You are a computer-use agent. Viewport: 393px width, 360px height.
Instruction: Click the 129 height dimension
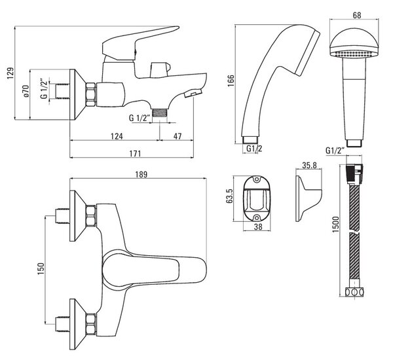pyautogui.click(x=10, y=73)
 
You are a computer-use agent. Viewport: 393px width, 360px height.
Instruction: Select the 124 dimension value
pyautogui.click(x=117, y=136)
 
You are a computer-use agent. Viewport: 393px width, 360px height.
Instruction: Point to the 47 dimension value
pyautogui.click(x=178, y=136)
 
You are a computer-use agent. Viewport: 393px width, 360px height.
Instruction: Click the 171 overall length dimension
pyautogui.click(x=135, y=153)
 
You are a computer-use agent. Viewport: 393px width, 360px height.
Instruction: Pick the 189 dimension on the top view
pyautogui.click(x=141, y=174)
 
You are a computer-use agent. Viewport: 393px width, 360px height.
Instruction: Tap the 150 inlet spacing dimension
pyautogui.click(x=41, y=268)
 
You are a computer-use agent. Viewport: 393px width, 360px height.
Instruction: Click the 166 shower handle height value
pyautogui.click(x=231, y=81)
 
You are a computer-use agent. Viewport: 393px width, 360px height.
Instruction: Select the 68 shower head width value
pyautogui.click(x=357, y=15)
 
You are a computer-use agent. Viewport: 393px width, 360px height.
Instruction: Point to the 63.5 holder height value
pyautogui.click(x=231, y=196)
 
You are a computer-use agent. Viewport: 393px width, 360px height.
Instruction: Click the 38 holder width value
pyautogui.click(x=258, y=226)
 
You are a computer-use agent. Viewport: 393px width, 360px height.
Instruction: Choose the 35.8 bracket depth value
pyautogui.click(x=309, y=165)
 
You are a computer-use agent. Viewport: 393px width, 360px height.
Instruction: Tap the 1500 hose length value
pyautogui.click(x=335, y=224)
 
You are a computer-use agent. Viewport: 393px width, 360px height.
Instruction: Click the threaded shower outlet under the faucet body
pyautogui.click(x=160, y=113)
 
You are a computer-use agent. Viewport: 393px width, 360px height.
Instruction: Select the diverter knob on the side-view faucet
pyautogui.click(x=160, y=69)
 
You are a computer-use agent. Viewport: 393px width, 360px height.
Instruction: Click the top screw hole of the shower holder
pyautogui.click(x=256, y=179)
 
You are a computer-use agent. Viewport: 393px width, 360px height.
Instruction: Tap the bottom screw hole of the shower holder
pyautogui.click(x=256, y=217)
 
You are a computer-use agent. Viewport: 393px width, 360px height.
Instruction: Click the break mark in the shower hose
pyautogui.click(x=354, y=232)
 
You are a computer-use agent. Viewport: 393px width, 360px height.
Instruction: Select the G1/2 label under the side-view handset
pyautogui.click(x=254, y=149)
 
